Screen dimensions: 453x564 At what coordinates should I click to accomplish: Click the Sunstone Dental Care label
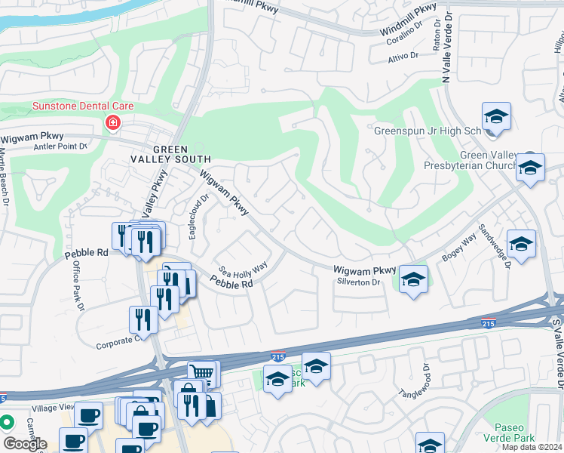point(82,106)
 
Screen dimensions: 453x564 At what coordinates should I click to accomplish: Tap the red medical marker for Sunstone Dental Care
point(112,122)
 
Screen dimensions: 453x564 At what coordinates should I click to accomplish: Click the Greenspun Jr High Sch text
point(428,131)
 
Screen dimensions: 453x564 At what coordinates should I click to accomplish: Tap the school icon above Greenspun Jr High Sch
point(496,116)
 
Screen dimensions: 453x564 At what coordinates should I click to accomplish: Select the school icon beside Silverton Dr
point(412,280)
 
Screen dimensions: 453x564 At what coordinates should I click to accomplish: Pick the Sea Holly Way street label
point(243,269)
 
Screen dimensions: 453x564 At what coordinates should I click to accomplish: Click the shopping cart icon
point(201,372)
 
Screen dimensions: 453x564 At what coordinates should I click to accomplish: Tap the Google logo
point(25,444)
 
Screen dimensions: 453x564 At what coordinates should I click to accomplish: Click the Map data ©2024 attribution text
point(532,447)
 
